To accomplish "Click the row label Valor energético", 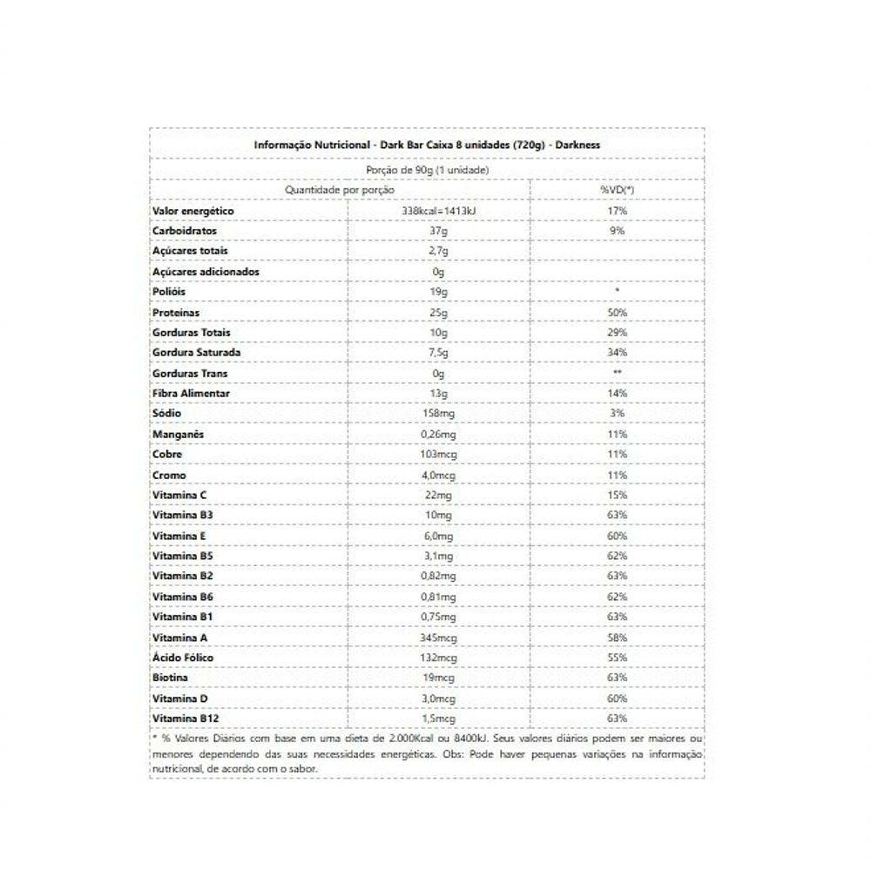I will (193, 211).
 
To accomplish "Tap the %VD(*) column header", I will (617, 190).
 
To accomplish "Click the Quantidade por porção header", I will (340, 190).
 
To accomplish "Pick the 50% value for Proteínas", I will (617, 313).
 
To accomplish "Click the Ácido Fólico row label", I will (182, 658).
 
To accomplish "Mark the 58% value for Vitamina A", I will (617, 638).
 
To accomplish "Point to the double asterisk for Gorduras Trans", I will (617, 374).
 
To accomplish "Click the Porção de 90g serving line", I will (427, 170).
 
